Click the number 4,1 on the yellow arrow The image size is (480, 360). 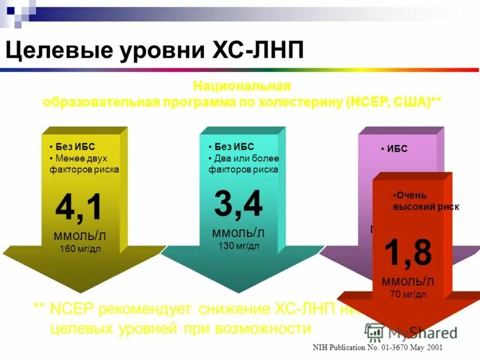pyautogui.click(x=79, y=208)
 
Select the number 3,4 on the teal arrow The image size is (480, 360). pyautogui.click(x=238, y=204)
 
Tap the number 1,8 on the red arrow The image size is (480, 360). pyautogui.click(x=408, y=253)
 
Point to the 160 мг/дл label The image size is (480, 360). pyautogui.click(x=80, y=248)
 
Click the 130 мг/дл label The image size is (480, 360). pyautogui.click(x=238, y=245)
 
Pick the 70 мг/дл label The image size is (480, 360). pyautogui.click(x=408, y=294)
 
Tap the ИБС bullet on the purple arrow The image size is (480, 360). pyautogui.click(x=397, y=149)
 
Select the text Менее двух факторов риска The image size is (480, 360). pyautogui.click(x=84, y=164)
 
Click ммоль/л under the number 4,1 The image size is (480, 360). pyautogui.click(x=80, y=234)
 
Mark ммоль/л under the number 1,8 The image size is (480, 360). pyautogui.click(x=408, y=281)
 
